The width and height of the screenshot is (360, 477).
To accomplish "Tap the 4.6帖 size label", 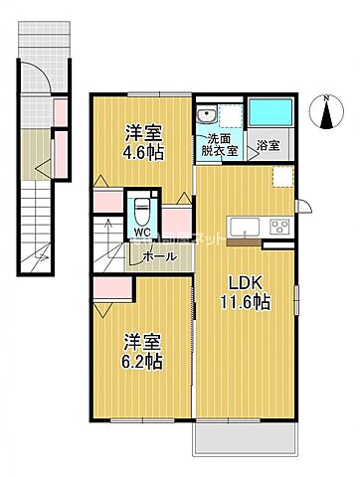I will [145, 153].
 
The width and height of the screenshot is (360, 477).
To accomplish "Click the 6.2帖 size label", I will [142, 363].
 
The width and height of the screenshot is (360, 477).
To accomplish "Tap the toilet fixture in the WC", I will [143, 212].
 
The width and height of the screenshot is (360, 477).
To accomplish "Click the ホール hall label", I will [159, 256].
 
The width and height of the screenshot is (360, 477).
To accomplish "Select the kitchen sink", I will [244, 225].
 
